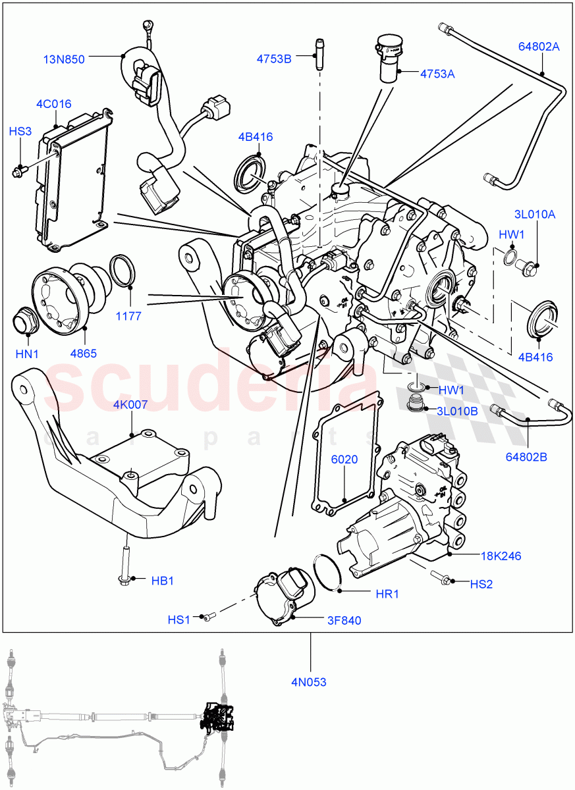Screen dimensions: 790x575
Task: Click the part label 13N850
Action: coord(64,59)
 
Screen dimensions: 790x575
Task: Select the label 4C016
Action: coord(54,104)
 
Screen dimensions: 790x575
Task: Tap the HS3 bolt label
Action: coord(20,132)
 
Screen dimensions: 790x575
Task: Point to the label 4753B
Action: coord(274,59)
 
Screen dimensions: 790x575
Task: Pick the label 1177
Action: coord(128,316)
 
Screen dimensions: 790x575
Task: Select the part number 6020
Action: coord(344,460)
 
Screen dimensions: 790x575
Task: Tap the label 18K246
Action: coord(501,556)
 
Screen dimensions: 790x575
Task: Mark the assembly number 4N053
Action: coord(309,682)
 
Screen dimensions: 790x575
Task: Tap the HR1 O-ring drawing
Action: coord(327,571)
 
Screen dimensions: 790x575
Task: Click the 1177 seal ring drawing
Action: coord(123,270)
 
